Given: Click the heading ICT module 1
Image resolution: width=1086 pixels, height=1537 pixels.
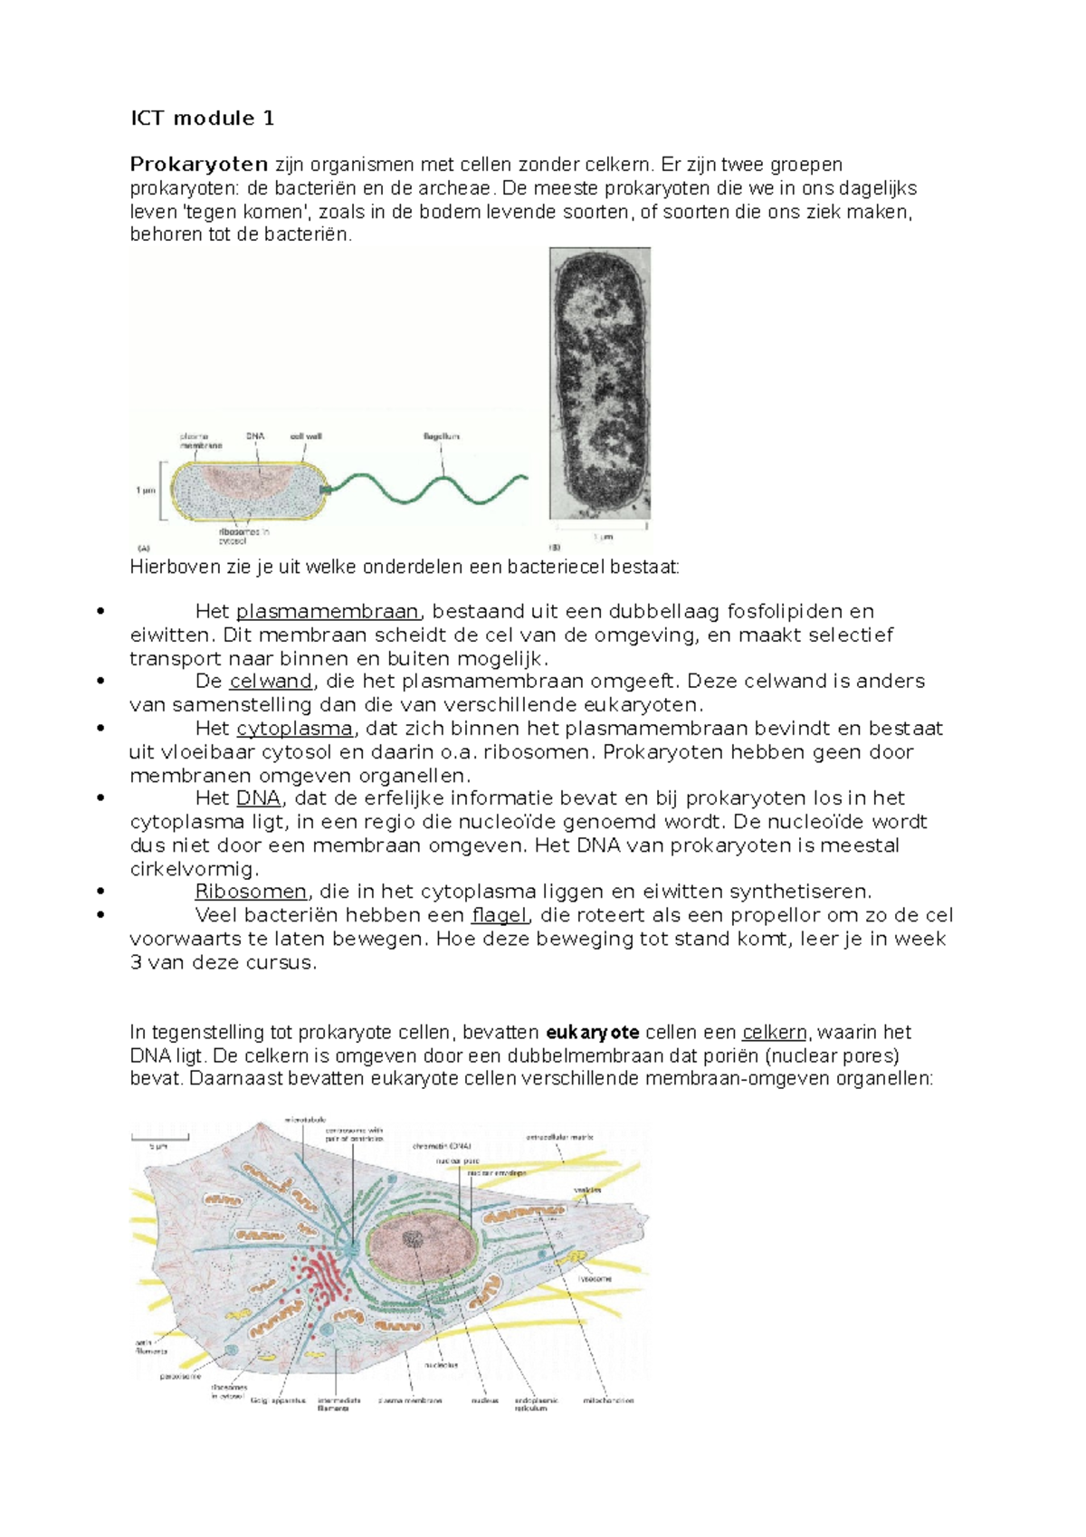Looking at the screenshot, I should click(x=202, y=119).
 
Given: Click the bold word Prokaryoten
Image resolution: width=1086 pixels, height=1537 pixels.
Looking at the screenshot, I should click(x=198, y=165).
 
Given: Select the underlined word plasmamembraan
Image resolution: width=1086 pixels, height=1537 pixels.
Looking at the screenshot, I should click(x=328, y=612).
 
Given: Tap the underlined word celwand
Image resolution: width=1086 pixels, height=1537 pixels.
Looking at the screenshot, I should click(x=271, y=682).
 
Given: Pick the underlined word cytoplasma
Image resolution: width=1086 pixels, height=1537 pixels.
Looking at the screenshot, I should click(x=294, y=729).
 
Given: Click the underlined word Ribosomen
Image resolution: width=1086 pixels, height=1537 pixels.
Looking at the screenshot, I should click(x=251, y=892).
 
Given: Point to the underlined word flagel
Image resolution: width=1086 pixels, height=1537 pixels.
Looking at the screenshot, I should click(x=499, y=915).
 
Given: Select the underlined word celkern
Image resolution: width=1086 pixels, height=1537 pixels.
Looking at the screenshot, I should click(x=774, y=1033).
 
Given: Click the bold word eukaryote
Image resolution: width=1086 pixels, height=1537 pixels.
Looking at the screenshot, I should click(x=593, y=1033).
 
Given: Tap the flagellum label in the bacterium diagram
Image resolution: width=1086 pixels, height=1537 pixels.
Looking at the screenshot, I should click(x=442, y=436).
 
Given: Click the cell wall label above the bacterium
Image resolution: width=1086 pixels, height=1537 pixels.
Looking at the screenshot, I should click(x=306, y=436).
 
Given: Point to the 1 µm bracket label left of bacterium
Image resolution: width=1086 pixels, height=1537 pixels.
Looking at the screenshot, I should click(x=145, y=491).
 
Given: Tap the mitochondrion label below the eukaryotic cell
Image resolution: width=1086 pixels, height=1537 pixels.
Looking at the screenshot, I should click(x=607, y=1400).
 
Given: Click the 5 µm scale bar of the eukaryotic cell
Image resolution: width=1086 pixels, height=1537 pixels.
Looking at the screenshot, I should click(x=159, y=1139).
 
